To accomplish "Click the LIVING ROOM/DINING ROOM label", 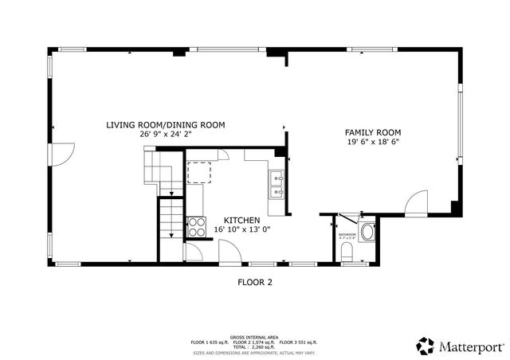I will tap(166, 125).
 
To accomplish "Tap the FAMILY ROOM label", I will tap(372, 132).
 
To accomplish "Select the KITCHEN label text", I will tap(241, 220).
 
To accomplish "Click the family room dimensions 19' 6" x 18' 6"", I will tap(372, 143).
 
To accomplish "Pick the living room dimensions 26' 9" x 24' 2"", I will tap(166, 135).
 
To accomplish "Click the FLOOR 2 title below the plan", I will tap(255, 281).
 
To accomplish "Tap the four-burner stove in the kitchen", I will tap(195, 226).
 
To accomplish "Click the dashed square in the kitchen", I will tap(198, 172).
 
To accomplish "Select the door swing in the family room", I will tap(415, 204).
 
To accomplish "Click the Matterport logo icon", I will tap(426, 346).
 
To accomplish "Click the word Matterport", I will tap(470, 346).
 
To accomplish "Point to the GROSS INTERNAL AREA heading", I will tap(254, 336).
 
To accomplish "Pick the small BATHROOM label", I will tap(347, 234).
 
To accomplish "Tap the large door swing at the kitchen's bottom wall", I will tap(230, 253).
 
